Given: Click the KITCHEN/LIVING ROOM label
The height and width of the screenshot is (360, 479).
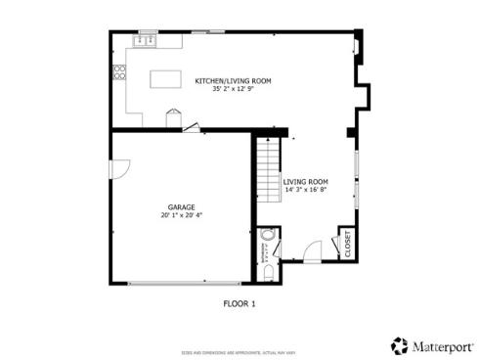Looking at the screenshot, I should [233, 81].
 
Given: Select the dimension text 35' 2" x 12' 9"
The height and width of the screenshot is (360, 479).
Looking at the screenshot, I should [233, 90].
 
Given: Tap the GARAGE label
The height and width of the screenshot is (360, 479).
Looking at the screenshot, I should [181, 207].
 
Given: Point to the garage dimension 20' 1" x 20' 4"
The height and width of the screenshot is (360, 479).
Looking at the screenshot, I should [181, 216].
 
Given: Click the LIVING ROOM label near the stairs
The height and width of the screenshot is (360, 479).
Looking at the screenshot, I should [305, 182].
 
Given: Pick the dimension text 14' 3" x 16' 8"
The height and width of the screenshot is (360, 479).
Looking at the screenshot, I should [305, 191].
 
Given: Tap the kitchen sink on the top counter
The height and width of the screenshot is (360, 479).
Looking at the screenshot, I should [147, 41].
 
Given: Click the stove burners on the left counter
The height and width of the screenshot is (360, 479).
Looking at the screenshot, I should [120, 71].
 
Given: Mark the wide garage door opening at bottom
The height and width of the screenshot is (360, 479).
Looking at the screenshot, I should [181, 284].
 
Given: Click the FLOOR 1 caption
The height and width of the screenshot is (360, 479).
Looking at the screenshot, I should [239, 304].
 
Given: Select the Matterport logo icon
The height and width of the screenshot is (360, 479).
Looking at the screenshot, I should [399, 345].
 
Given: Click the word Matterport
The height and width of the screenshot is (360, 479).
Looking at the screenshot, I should [440, 345].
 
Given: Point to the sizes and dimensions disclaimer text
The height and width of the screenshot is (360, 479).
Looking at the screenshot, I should [239, 350].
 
